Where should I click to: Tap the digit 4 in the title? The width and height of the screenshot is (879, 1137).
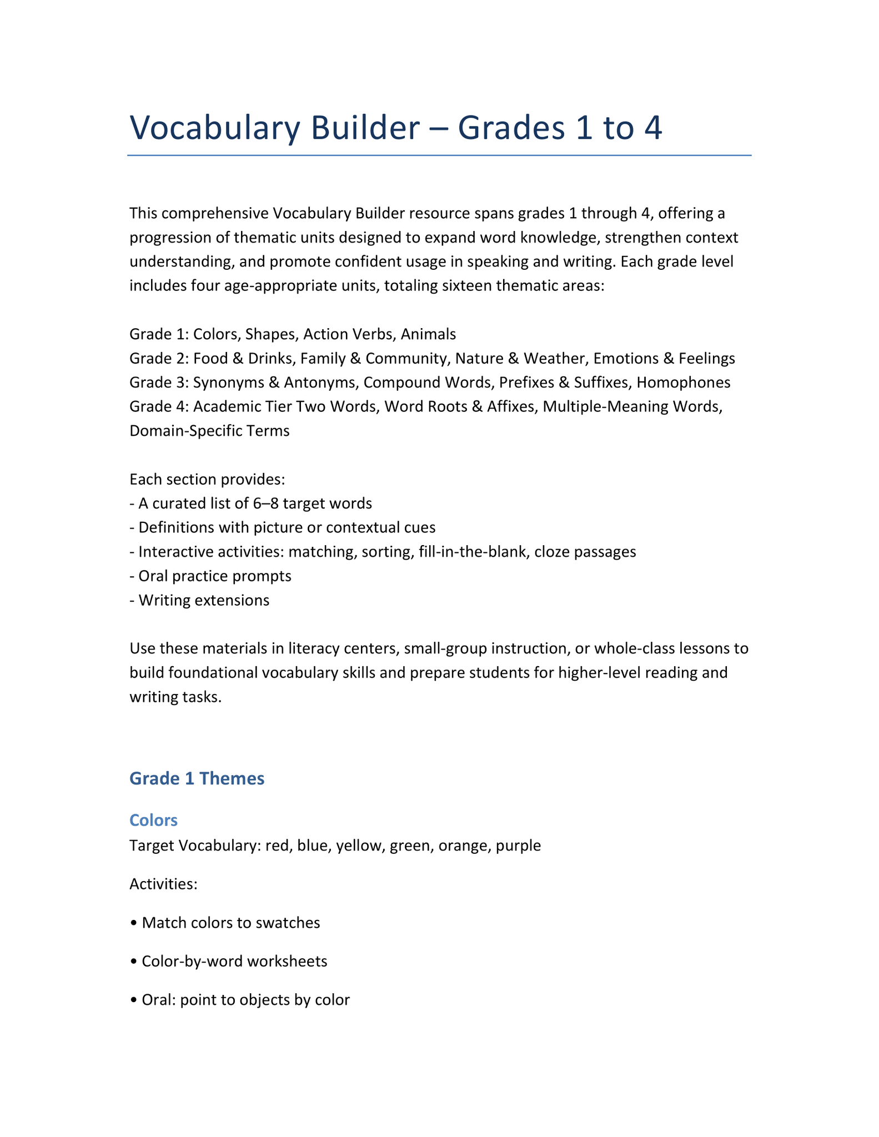[652, 128]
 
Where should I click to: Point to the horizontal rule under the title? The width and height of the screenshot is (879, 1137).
[439, 155]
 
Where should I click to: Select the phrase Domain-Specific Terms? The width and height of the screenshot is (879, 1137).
[209, 431]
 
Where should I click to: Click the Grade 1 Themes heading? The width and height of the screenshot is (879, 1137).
[197, 778]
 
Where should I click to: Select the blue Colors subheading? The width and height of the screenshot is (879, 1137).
[153, 820]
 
